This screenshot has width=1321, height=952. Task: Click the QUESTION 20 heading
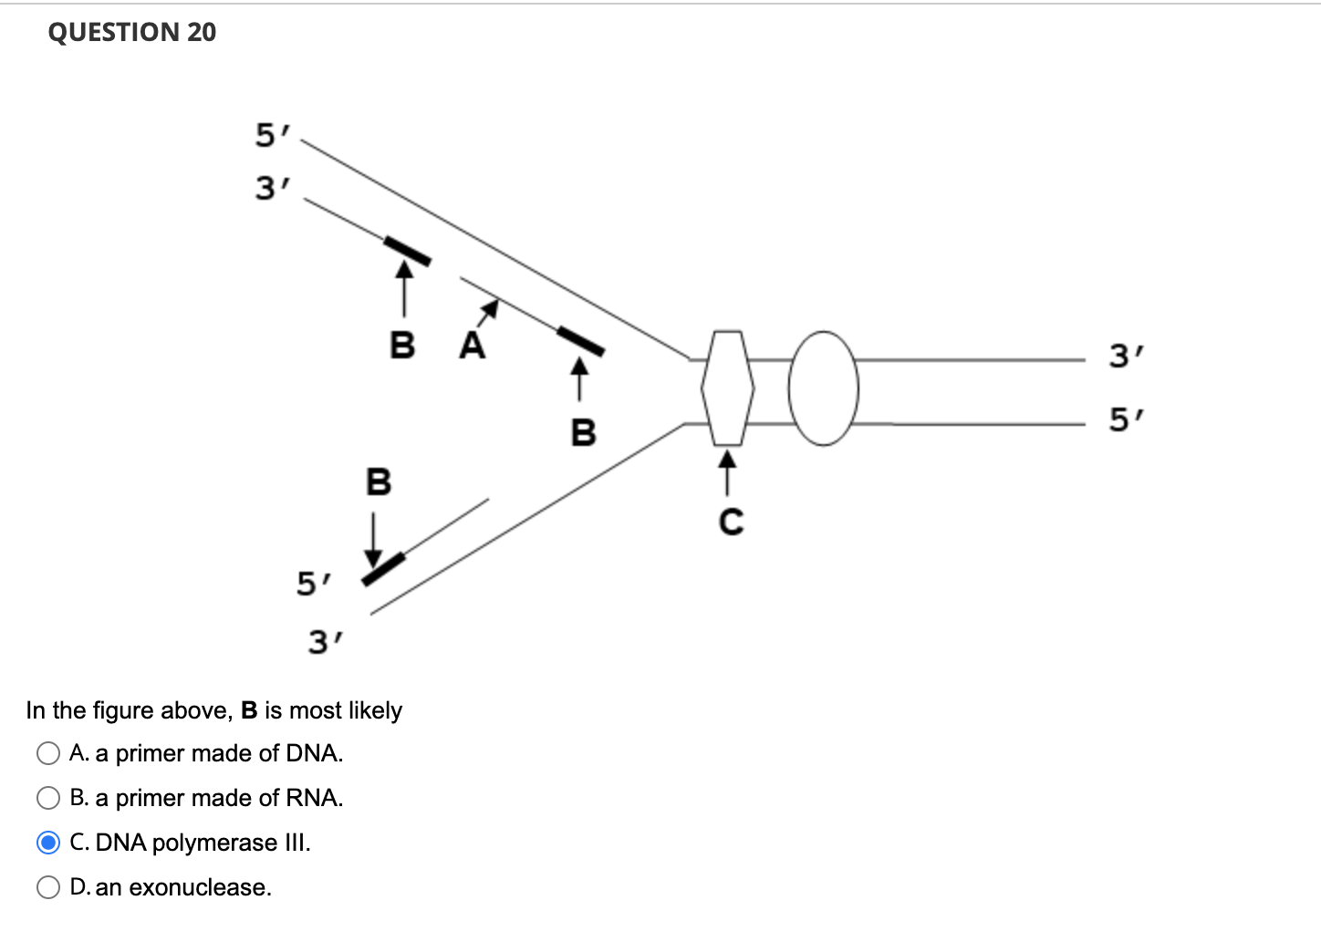pyautogui.click(x=132, y=32)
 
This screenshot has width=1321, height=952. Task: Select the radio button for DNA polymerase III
pyautogui.click(x=48, y=843)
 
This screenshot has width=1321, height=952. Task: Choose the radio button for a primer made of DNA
pyautogui.click(x=48, y=753)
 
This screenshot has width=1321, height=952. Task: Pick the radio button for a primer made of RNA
pyautogui.click(x=48, y=798)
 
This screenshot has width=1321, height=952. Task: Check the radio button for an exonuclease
pyautogui.click(x=48, y=887)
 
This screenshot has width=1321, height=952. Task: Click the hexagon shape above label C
pyautogui.click(x=727, y=388)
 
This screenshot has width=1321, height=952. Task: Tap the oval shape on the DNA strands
pyautogui.click(x=824, y=388)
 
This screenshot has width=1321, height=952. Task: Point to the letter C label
pyautogui.click(x=731, y=523)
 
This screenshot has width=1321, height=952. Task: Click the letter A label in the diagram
pyautogui.click(x=472, y=347)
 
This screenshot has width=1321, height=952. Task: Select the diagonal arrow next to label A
pyautogui.click(x=490, y=310)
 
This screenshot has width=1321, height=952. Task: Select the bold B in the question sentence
pyautogui.click(x=249, y=710)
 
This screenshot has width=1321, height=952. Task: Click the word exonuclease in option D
pyautogui.click(x=200, y=887)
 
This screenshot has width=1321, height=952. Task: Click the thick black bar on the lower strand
pyautogui.click(x=383, y=567)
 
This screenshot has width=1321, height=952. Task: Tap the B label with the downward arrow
pyautogui.click(x=378, y=481)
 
